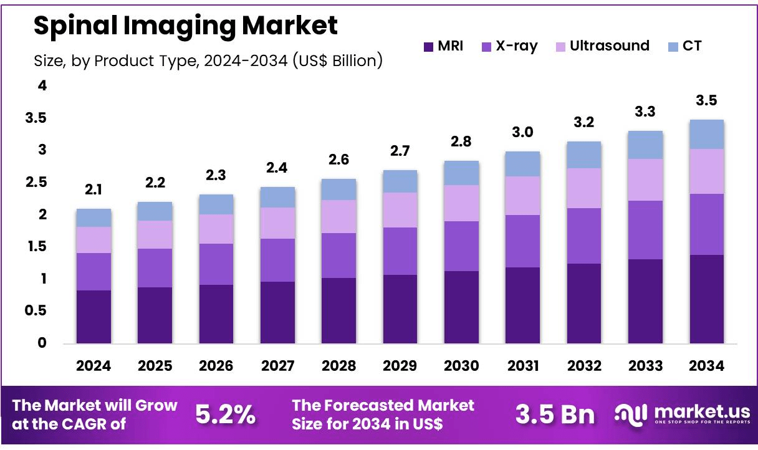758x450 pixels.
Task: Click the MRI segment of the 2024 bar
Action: click(x=94, y=317)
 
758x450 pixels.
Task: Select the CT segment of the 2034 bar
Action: click(x=706, y=134)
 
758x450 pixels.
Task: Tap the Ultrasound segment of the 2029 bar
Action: click(x=400, y=210)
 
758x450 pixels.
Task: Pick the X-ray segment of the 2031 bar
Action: click(x=522, y=241)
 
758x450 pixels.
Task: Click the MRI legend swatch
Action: click(x=428, y=47)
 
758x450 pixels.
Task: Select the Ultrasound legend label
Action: click(x=609, y=46)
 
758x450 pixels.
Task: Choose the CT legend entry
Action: click(x=693, y=46)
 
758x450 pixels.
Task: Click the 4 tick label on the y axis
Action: click(x=42, y=86)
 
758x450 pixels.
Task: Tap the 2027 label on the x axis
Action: click(x=277, y=366)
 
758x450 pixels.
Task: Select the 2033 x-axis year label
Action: click(x=645, y=366)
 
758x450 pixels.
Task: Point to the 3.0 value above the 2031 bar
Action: click(x=522, y=133)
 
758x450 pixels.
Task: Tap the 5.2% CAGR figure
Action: click(x=225, y=414)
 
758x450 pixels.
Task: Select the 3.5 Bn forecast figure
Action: click(x=555, y=414)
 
